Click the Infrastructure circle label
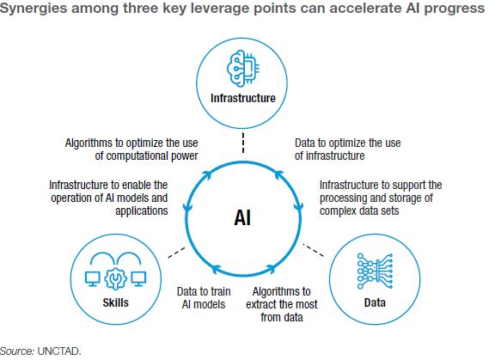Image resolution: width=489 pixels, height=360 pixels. pos(243,98)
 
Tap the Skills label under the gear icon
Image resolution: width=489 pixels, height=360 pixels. pos(116,302)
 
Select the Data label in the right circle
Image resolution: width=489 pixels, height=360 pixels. pos(375,302)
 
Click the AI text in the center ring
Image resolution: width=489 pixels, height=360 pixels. pos(242,217)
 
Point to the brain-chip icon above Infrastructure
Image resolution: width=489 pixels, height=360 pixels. pos(243,68)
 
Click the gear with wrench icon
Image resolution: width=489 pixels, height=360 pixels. pos(115,279)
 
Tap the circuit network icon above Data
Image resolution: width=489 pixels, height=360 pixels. pos(375,271)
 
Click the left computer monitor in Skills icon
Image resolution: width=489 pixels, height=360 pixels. pos(93,278)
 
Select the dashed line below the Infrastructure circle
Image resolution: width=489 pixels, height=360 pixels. pos(243,143)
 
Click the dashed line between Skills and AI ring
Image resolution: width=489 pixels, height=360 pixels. pos(176,253)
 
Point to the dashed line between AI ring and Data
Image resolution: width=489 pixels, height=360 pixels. pos(313,250)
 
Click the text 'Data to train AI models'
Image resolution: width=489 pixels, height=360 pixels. pos(204,298)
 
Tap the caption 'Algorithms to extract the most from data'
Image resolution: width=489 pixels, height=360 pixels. pos(282,304)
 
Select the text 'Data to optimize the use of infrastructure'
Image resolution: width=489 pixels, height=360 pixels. pos(348,149)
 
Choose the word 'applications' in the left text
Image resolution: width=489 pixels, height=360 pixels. pos(142,211)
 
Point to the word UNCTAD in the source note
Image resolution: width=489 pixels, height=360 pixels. pos(59,351)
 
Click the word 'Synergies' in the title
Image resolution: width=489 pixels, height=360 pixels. pos(34,9)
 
